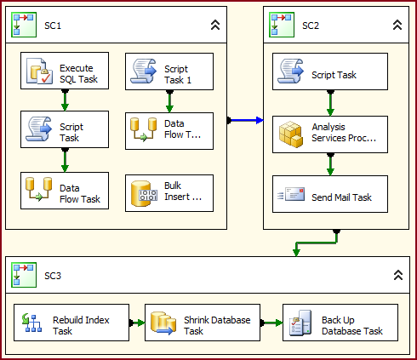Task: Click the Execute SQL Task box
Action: (x=65, y=71)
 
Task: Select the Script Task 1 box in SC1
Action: (x=169, y=71)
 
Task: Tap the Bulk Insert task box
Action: (x=169, y=193)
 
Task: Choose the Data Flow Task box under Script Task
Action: (x=65, y=190)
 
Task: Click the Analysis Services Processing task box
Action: (x=330, y=134)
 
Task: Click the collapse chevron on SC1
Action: (x=215, y=26)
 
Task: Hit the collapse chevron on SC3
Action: (x=397, y=276)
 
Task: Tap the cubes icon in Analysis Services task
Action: (x=290, y=134)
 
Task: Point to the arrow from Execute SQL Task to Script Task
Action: (x=65, y=100)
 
